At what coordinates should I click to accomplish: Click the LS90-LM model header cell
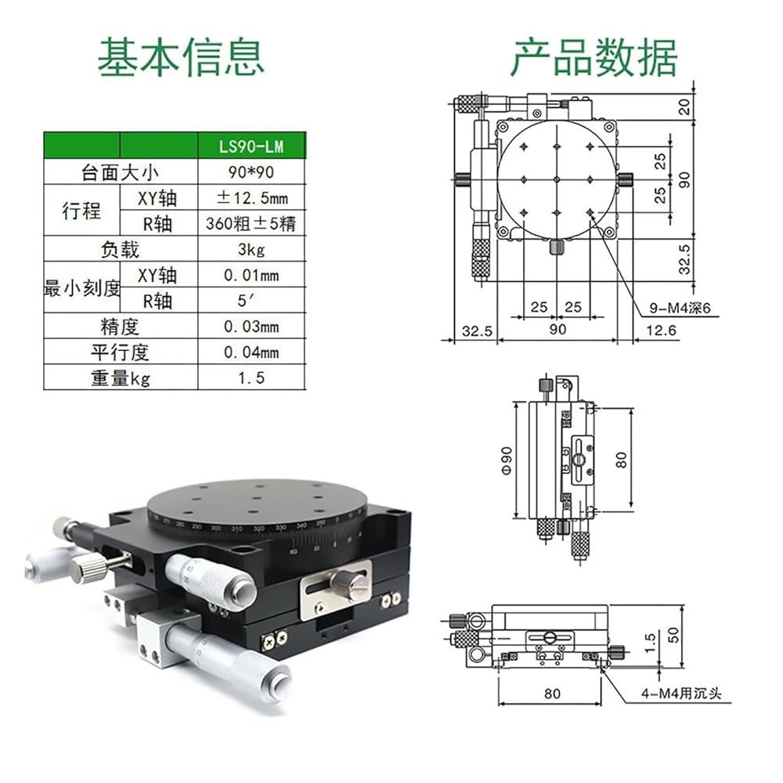coord(251,145)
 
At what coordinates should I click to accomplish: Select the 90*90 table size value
coord(251,171)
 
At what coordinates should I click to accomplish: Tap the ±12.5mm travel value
coord(251,197)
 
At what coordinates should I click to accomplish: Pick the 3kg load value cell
coord(251,249)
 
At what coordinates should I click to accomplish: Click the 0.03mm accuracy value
coord(251,326)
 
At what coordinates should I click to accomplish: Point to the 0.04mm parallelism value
coord(251,352)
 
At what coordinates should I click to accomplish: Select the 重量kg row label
coord(120,377)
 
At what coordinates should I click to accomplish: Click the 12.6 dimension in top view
coord(659,330)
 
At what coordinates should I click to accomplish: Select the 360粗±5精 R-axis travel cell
coord(251,223)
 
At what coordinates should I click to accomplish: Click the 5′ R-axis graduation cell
coord(251,300)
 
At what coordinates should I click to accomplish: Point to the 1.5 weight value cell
coord(251,377)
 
